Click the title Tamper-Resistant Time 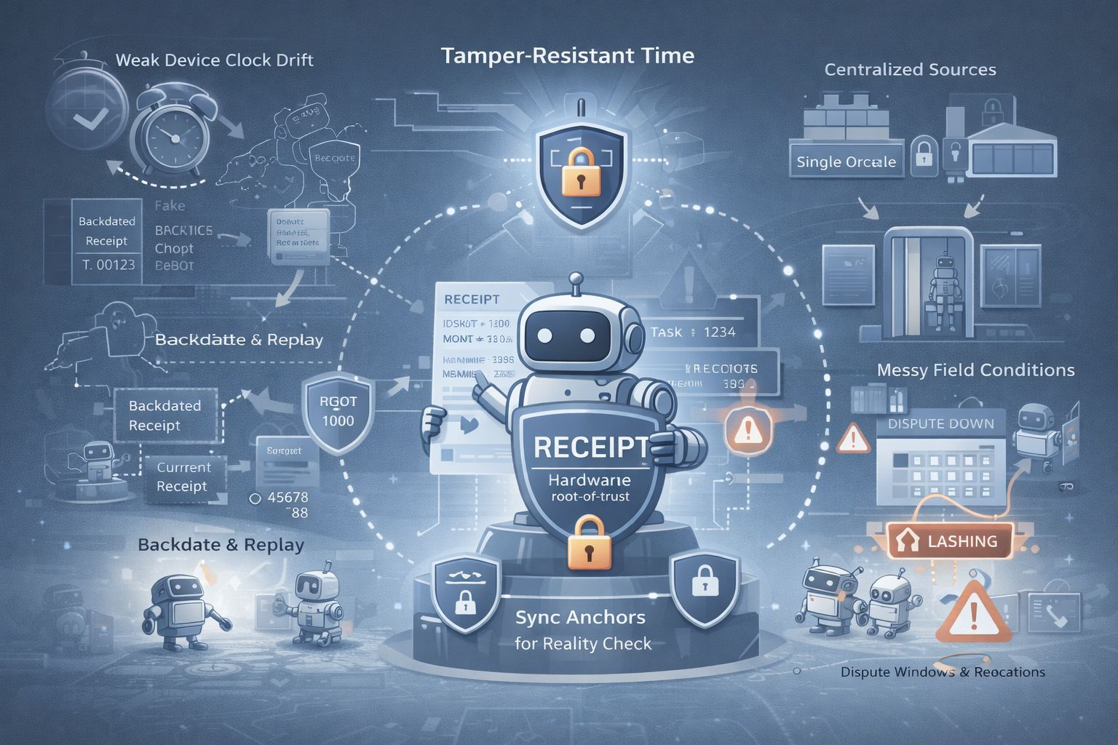(x=567, y=56)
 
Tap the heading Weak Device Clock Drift (x=214, y=60)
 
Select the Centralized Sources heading (x=910, y=70)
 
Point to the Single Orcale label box (x=846, y=162)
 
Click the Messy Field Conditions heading (x=975, y=370)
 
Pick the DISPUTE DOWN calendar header (x=940, y=423)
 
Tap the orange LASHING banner (x=950, y=541)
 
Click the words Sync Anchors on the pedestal (x=580, y=618)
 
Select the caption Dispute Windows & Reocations (x=943, y=672)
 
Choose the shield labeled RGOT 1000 (x=338, y=411)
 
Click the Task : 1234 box (x=692, y=332)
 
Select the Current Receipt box (x=183, y=477)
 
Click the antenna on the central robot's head (x=576, y=282)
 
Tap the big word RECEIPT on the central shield (x=590, y=446)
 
